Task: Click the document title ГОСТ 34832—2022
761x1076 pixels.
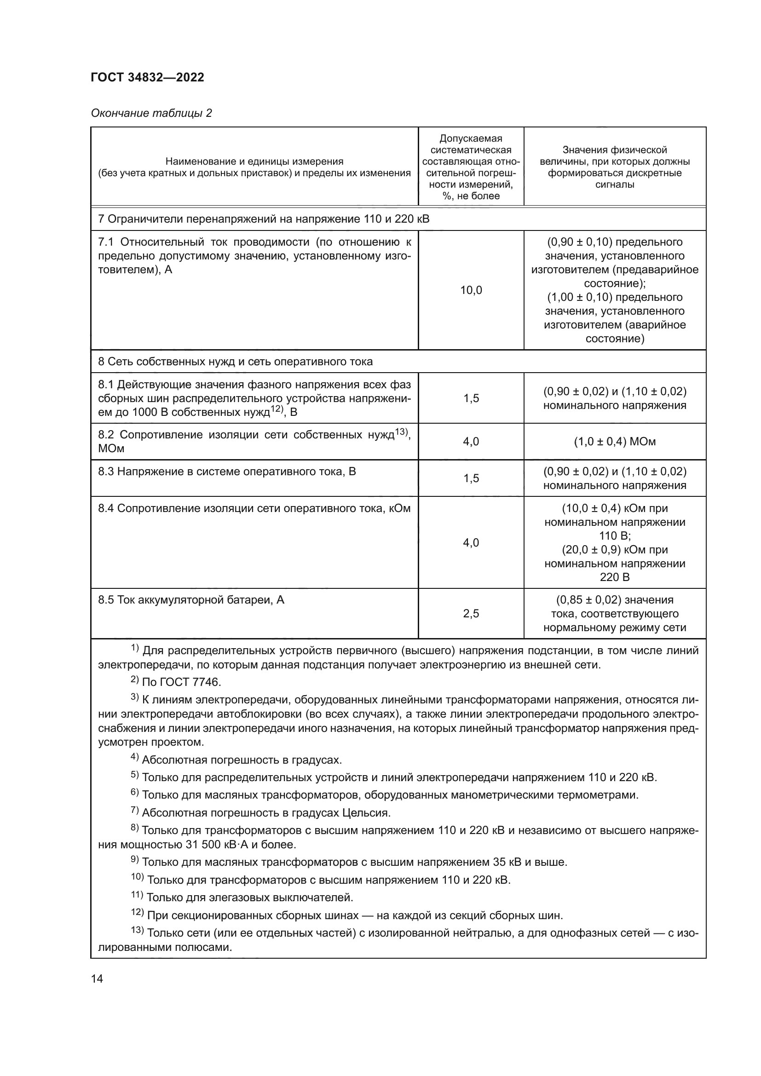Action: [148, 78]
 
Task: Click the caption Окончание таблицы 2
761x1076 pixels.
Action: [151, 113]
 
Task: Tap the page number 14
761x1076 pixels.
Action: [97, 978]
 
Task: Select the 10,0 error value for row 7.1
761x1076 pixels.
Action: [471, 290]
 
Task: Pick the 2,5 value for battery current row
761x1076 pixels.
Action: [471, 614]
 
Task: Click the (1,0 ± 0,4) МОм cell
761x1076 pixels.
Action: [614, 442]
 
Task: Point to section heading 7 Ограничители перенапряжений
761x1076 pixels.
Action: [263, 219]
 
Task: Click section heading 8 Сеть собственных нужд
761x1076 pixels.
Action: [235, 361]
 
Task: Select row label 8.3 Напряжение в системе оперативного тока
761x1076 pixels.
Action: [227, 472]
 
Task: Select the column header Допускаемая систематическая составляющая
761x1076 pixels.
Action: [471, 167]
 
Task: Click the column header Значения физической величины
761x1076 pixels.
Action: [614, 167]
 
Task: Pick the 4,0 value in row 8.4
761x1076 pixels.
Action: [471, 543]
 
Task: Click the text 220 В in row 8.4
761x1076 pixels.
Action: [614, 577]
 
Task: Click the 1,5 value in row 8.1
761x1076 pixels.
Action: [471, 398]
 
